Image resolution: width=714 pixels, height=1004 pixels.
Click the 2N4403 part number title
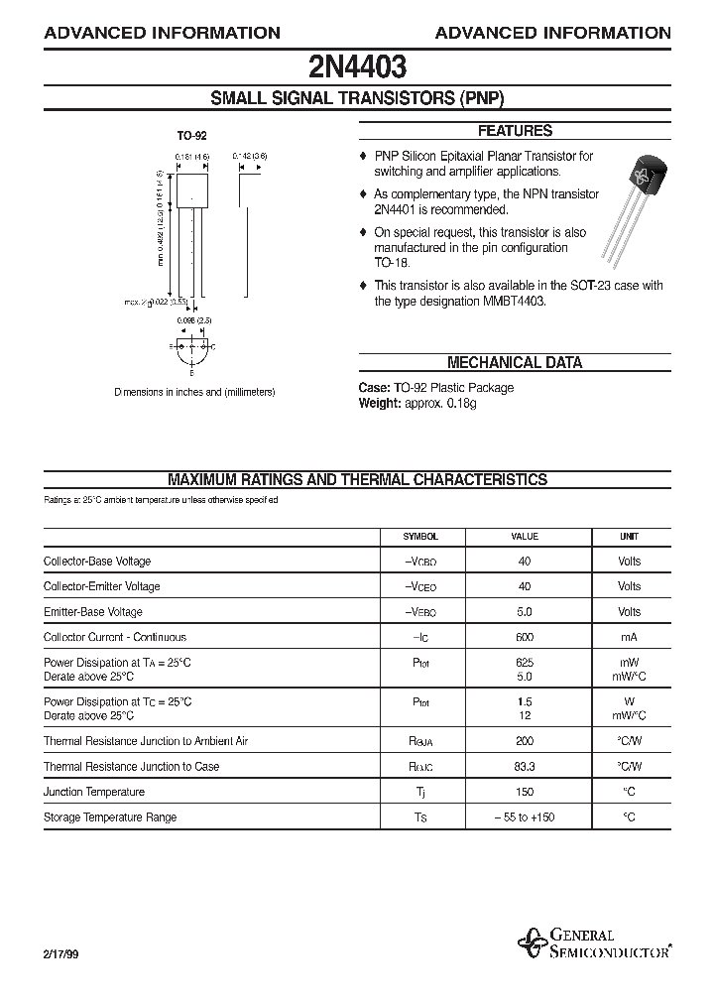[x=356, y=67]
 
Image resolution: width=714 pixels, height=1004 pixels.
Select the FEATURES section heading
[x=515, y=131]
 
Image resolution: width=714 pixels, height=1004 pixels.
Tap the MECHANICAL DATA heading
[x=515, y=363]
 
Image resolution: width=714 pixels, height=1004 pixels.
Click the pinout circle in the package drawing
[x=192, y=348]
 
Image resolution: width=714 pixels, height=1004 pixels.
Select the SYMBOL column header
[x=420, y=537]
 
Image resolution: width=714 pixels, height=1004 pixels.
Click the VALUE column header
[x=525, y=537]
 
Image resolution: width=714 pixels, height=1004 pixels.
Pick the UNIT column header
[x=629, y=537]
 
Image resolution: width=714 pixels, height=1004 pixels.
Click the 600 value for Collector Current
[x=525, y=638]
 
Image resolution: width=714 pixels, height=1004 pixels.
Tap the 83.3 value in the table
[x=525, y=767]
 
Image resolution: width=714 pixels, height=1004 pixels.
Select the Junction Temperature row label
[x=94, y=793]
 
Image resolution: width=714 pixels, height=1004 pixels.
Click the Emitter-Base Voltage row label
[x=93, y=612]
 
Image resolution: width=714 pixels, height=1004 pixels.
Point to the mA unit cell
[x=629, y=638]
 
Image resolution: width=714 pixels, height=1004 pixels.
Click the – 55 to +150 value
[x=525, y=817]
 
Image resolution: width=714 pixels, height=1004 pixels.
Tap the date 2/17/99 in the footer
[x=60, y=952]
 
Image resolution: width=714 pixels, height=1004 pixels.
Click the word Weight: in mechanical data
[x=379, y=404]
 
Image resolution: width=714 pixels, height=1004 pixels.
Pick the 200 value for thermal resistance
[x=525, y=741]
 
